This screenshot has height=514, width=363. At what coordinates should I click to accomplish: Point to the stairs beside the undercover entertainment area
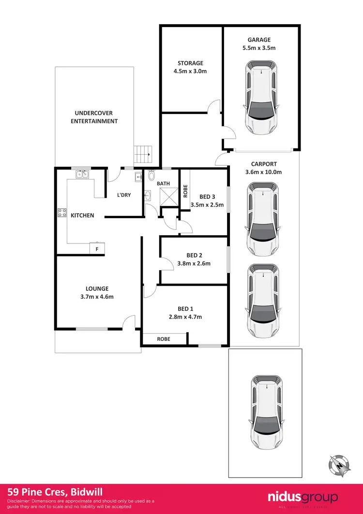(143, 155)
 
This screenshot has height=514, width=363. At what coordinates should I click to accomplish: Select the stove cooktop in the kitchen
(62, 212)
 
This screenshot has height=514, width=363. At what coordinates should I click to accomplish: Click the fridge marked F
(97, 248)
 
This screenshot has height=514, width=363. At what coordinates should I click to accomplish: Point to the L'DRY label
(124, 195)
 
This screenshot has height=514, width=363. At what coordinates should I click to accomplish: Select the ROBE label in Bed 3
(185, 191)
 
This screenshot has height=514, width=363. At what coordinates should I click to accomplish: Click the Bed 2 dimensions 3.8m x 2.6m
(194, 264)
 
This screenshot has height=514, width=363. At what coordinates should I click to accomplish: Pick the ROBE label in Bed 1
(163, 339)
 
